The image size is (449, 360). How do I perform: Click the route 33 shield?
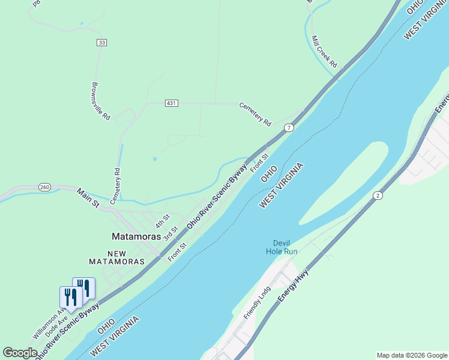[x=101, y=43]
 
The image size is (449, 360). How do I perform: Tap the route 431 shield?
[x=172, y=103]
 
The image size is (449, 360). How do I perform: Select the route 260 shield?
[x=44, y=187]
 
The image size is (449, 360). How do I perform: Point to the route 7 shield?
[x=289, y=128]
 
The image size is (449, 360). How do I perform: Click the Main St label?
[x=88, y=198]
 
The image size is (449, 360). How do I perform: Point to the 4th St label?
[x=163, y=221]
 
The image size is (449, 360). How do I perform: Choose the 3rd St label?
[x=171, y=232]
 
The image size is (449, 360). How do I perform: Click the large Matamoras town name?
[x=136, y=236]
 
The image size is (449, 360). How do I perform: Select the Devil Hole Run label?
[x=282, y=247]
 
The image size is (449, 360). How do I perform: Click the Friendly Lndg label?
[x=257, y=302]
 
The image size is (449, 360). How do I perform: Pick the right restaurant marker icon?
[x=83, y=288]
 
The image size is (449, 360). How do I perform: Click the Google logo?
[x=20, y=353]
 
